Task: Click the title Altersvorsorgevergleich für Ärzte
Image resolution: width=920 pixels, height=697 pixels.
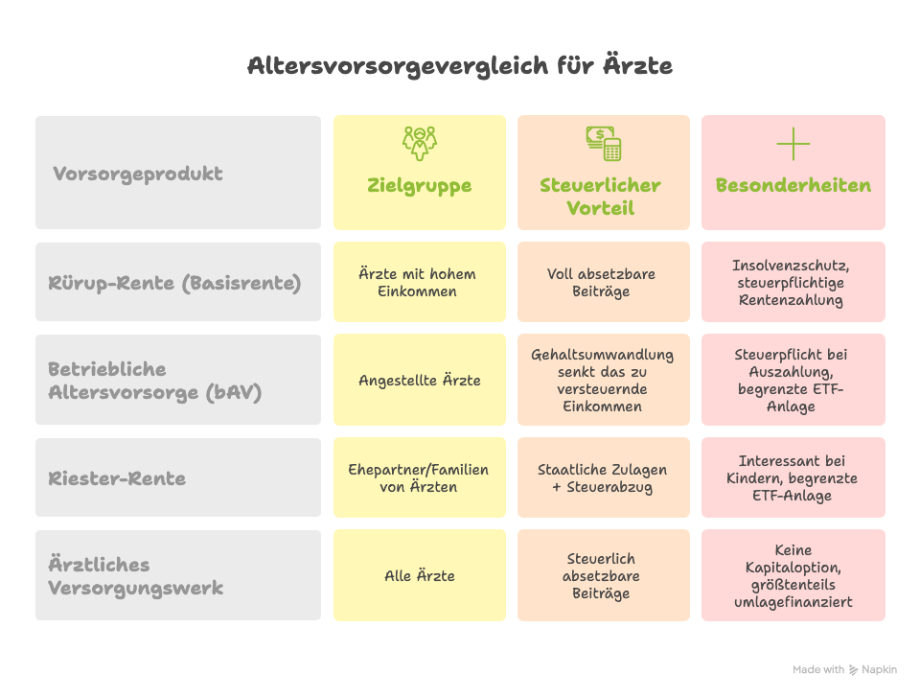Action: tap(460, 66)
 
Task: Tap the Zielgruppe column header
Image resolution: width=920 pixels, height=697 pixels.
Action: tap(419, 185)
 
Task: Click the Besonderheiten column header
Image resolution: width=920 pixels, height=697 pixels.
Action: tap(793, 185)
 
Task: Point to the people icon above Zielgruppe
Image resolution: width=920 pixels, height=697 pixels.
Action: tap(419, 143)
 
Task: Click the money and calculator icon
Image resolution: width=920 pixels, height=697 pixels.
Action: tap(603, 144)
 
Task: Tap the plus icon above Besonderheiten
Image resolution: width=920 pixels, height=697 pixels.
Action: tap(793, 145)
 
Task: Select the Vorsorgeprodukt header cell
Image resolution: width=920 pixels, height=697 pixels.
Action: tap(138, 174)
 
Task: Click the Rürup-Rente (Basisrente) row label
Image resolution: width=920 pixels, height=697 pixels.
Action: tap(174, 283)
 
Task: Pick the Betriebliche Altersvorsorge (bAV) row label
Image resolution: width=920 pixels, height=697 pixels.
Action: tap(155, 381)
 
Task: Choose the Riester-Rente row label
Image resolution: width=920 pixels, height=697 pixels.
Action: tap(117, 477)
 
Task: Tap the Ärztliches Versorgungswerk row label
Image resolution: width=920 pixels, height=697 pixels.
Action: tap(136, 575)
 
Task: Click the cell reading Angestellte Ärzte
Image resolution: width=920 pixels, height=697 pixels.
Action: tap(419, 381)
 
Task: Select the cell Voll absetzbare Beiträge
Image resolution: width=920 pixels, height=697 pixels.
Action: tap(603, 283)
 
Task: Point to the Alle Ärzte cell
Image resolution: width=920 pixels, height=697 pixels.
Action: tap(419, 576)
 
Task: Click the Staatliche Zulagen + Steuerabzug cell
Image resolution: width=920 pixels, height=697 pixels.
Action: tap(603, 477)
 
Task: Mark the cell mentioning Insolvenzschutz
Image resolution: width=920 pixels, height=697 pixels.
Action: tap(793, 283)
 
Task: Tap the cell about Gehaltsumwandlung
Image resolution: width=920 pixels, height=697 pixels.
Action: tap(603, 381)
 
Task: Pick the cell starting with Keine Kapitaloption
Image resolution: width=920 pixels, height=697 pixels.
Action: tap(793, 576)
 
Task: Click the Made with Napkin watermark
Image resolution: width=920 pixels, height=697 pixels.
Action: tap(844, 669)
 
